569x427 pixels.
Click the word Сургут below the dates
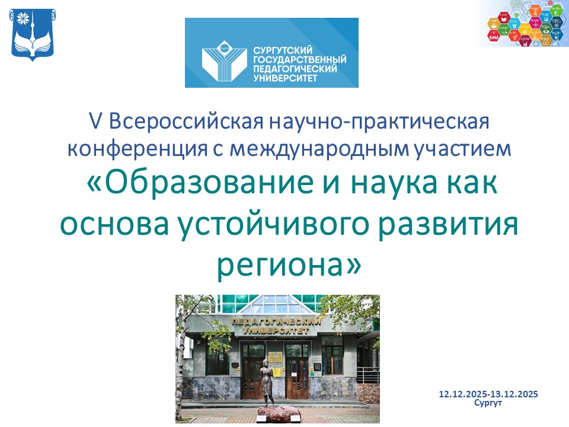tap(488, 403)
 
